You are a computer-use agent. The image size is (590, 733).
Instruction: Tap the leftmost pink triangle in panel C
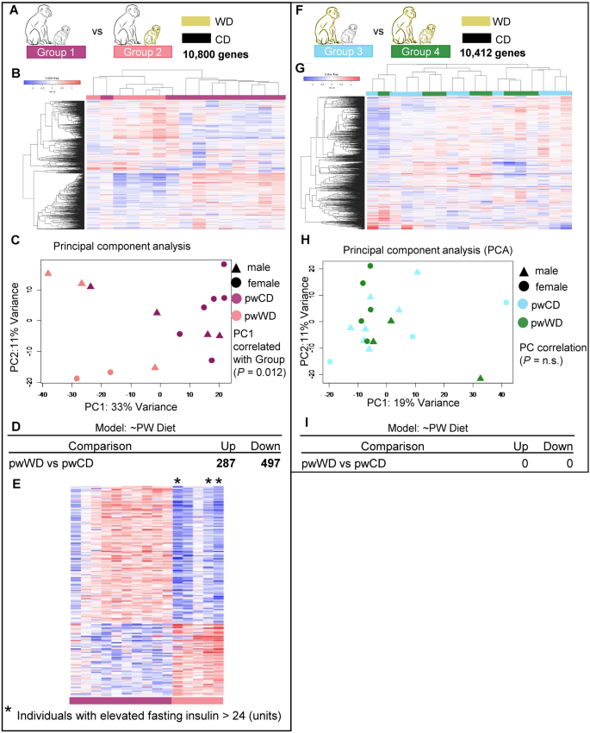(x=48, y=273)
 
